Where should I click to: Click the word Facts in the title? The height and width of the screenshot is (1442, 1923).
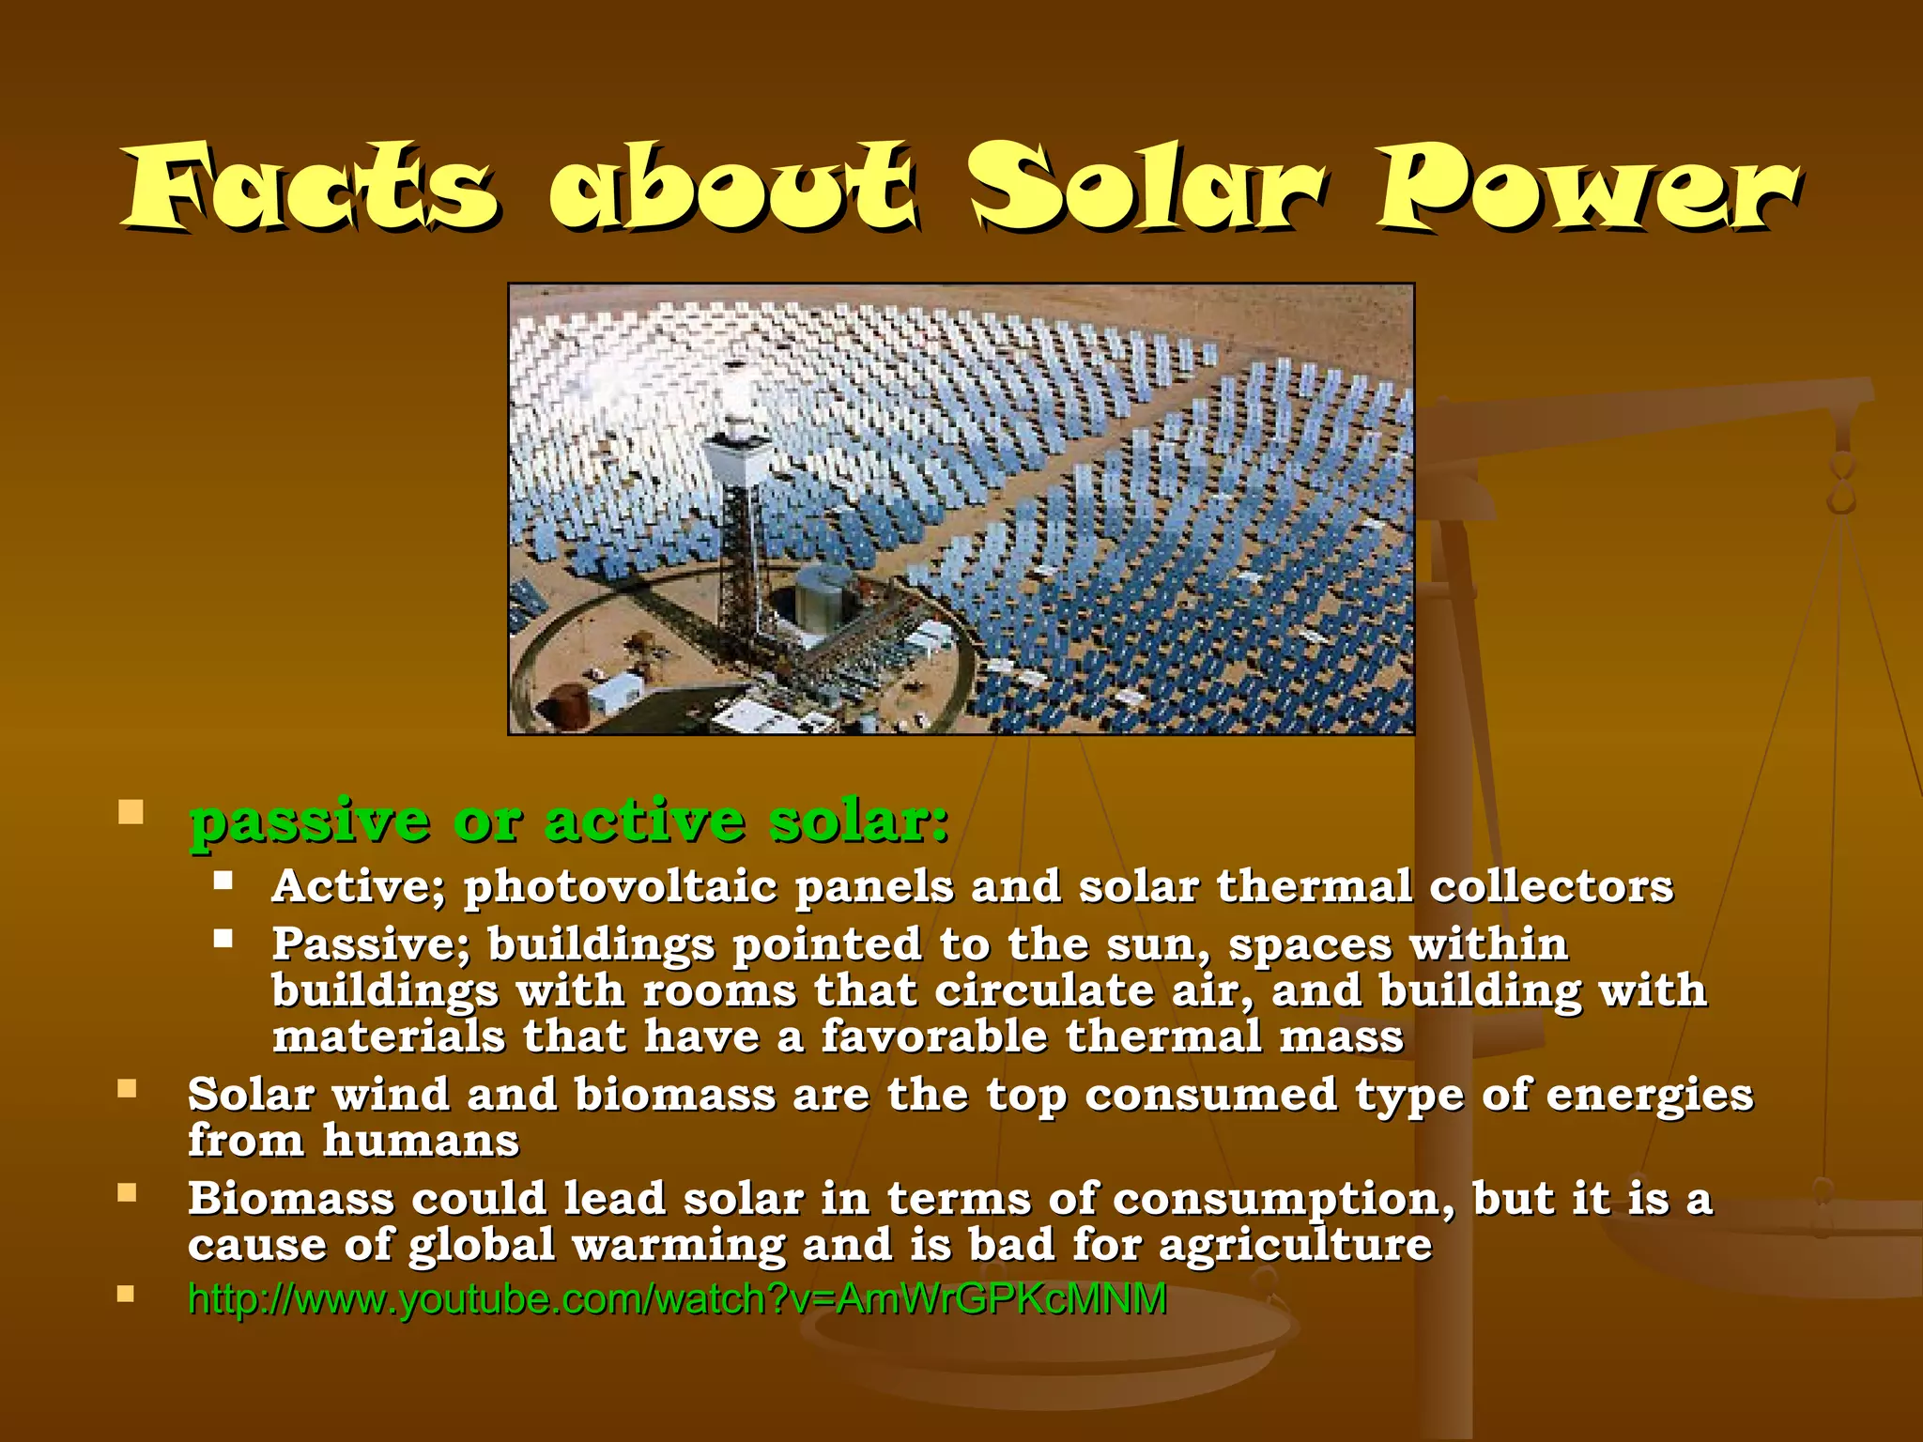310,188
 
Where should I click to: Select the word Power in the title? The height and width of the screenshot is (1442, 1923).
1587,188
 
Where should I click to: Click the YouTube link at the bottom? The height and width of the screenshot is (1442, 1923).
677,1299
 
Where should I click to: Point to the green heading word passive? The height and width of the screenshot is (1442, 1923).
310,822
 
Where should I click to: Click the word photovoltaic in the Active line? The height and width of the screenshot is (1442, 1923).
621,887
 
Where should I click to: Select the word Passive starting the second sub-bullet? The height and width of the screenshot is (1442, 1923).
370,944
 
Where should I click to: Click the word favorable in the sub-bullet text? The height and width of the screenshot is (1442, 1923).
933,1036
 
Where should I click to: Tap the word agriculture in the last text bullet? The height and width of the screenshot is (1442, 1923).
1296,1246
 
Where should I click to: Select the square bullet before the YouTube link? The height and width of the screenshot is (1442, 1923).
127,1295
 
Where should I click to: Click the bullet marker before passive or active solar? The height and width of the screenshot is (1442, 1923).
131,812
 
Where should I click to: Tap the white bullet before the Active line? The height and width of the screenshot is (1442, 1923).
223,881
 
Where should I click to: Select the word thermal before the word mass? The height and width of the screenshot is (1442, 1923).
1163,1036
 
